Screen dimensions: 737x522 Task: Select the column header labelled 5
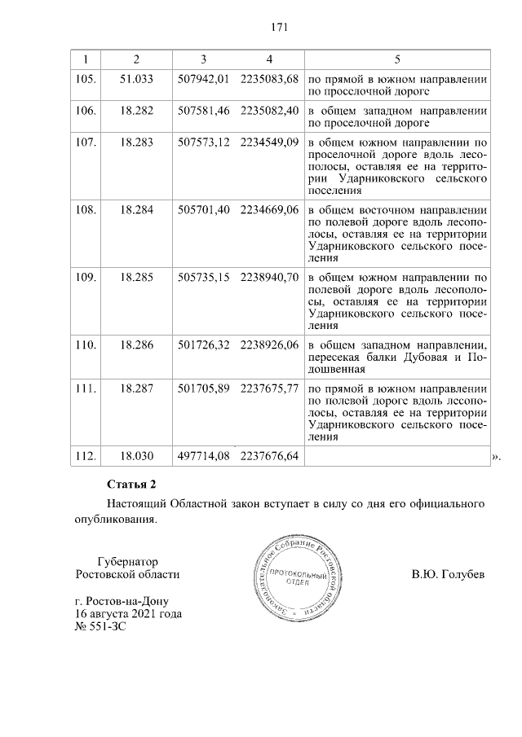[x=396, y=59]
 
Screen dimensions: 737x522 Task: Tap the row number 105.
[x=86, y=79]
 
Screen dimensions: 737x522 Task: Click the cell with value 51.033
[x=136, y=79]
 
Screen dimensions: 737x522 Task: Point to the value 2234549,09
[x=270, y=142]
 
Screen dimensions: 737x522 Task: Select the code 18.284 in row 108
[x=136, y=210]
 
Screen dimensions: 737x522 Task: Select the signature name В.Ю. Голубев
[x=448, y=574]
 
